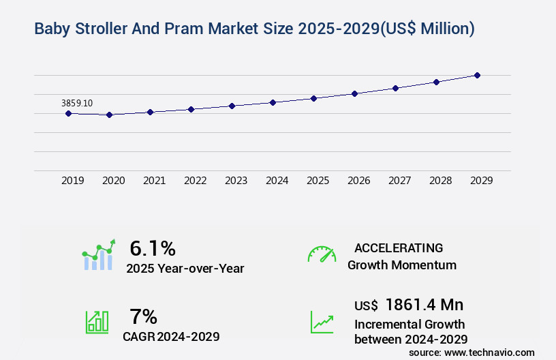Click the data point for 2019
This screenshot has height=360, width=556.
click(68, 113)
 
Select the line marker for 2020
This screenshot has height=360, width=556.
click(109, 115)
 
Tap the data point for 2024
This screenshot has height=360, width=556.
click(273, 102)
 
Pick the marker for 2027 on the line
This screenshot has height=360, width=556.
click(395, 88)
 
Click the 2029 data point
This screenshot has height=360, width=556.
click(477, 75)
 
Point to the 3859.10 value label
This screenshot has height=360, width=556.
click(77, 103)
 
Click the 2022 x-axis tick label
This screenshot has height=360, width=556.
click(195, 181)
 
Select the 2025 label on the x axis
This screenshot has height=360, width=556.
click(318, 181)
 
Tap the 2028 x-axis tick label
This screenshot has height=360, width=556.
click(440, 181)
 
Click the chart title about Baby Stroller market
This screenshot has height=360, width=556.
click(254, 29)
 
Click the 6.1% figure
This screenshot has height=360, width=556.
click(153, 248)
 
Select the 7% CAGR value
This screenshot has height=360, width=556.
click(143, 316)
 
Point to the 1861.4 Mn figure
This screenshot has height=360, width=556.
click(424, 305)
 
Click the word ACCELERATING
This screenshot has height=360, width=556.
click(399, 248)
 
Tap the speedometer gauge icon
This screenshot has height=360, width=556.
click(322, 254)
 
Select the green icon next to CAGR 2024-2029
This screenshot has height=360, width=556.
click(97, 322)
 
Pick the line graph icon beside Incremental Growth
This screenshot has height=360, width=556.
click(322, 322)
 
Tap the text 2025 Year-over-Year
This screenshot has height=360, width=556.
click(185, 269)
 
